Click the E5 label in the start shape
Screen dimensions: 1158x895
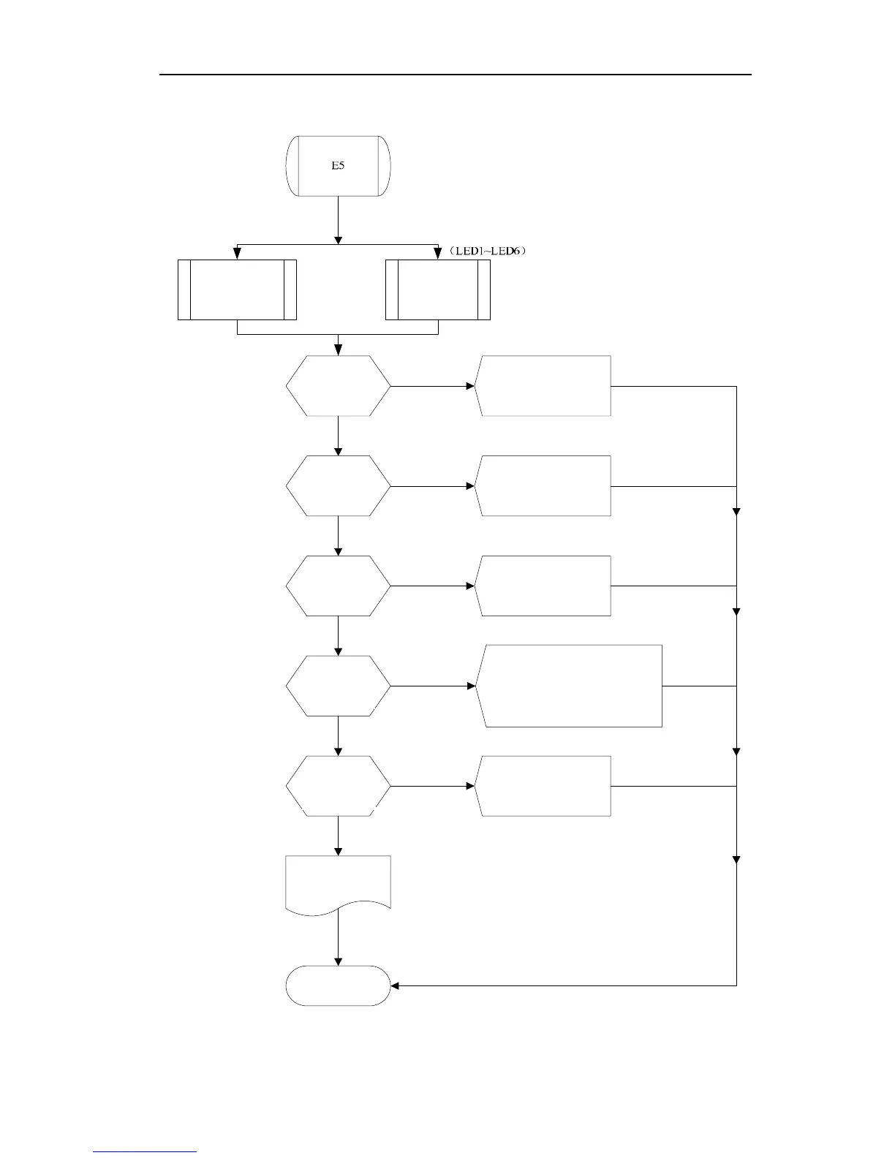(x=338, y=166)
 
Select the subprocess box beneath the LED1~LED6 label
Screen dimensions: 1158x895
(x=437, y=289)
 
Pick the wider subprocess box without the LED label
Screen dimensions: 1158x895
(x=237, y=289)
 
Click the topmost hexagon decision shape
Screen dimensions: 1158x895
(x=338, y=386)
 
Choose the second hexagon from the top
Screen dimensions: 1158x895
(x=338, y=486)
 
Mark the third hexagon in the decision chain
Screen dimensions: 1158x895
(x=338, y=586)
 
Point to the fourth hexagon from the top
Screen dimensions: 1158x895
(x=338, y=686)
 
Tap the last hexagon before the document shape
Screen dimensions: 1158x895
(x=338, y=786)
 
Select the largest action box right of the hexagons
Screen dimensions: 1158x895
(x=570, y=686)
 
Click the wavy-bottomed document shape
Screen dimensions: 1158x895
(x=338, y=883)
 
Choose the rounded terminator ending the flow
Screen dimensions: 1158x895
(x=338, y=985)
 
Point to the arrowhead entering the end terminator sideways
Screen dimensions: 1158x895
(x=396, y=985)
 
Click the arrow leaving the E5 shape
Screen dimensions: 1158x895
(x=338, y=219)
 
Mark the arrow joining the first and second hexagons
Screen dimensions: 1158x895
(x=338, y=436)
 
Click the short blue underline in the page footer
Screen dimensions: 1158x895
(x=145, y=1151)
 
